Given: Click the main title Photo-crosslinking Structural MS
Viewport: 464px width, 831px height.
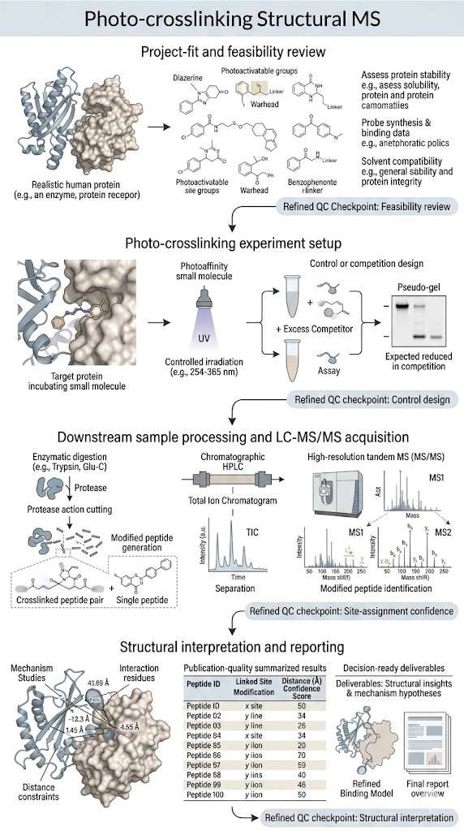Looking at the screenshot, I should tap(231, 19).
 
